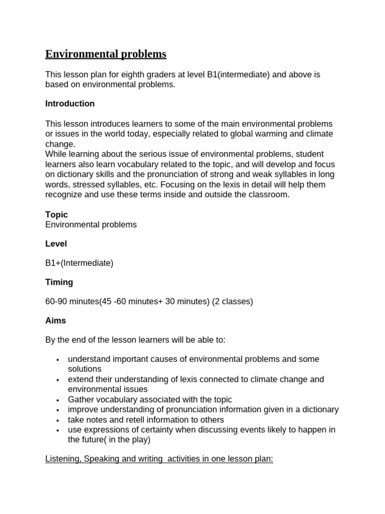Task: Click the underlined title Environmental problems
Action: [x=106, y=54]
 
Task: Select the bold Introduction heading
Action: [x=70, y=104]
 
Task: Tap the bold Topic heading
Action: [x=57, y=215]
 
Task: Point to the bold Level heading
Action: [x=56, y=244]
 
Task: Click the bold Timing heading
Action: [x=59, y=282]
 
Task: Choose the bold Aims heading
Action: [x=56, y=321]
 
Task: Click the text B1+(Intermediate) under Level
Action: [x=79, y=263]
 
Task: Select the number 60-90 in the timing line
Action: [x=56, y=302]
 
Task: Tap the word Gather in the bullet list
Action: [x=81, y=400]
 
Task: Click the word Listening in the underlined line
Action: [x=62, y=459]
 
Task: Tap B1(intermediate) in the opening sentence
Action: [x=238, y=75]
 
